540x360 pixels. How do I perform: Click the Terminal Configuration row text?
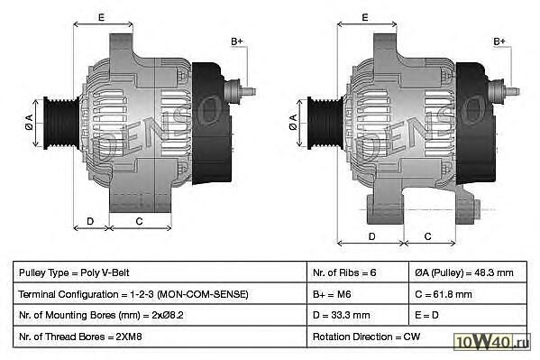(133, 294)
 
